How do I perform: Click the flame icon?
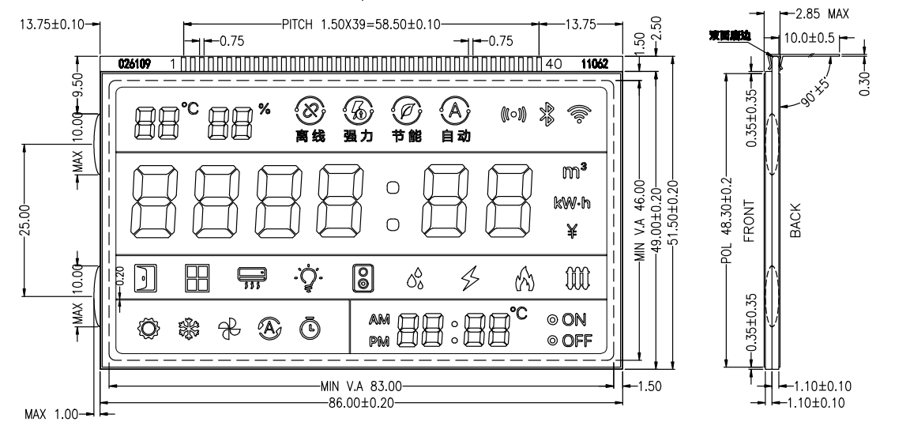pyautogui.click(x=521, y=278)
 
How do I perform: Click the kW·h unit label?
pyautogui.click(x=573, y=203)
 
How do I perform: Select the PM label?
pyautogui.click(x=379, y=342)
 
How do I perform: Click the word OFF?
pyautogui.click(x=577, y=342)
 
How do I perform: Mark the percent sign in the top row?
pyautogui.click(x=263, y=108)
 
